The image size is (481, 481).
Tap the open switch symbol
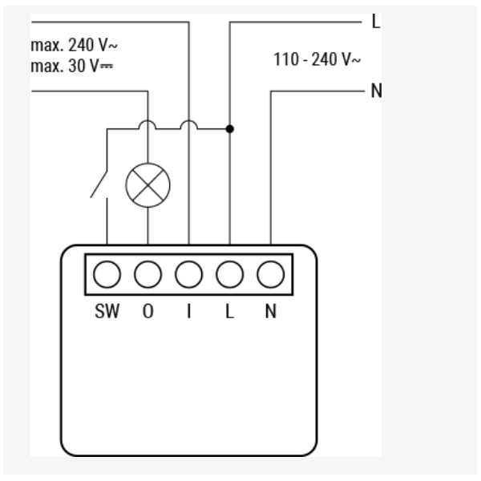[x=99, y=184]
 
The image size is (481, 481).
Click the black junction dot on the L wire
[x=230, y=129]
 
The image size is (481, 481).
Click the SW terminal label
[x=107, y=311]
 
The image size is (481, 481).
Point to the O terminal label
[x=148, y=311]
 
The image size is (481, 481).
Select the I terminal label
[x=189, y=311]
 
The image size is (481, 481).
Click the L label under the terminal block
[x=230, y=311]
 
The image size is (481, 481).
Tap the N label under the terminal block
[x=271, y=311]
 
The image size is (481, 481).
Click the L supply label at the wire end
[x=376, y=22]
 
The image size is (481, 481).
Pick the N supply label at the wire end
[x=377, y=91]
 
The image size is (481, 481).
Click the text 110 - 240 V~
[x=317, y=59]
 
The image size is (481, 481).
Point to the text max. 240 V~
[x=75, y=45]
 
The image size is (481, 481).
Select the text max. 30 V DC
[x=72, y=66]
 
